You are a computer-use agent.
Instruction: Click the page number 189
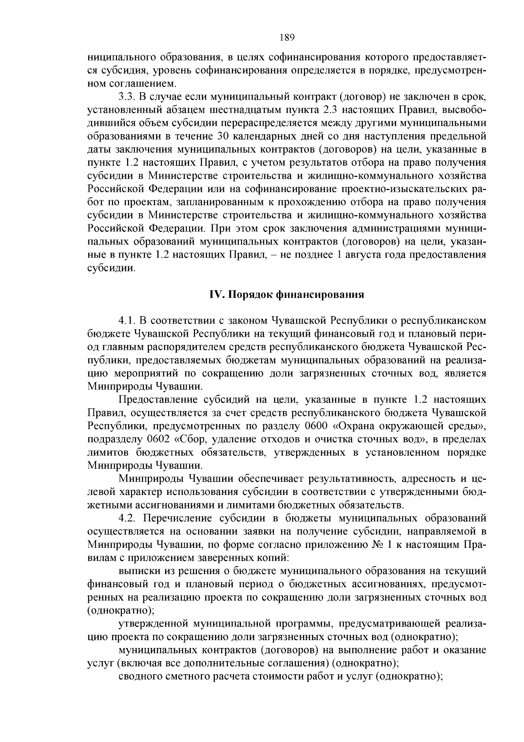287,37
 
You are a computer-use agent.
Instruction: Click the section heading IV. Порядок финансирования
287,294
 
